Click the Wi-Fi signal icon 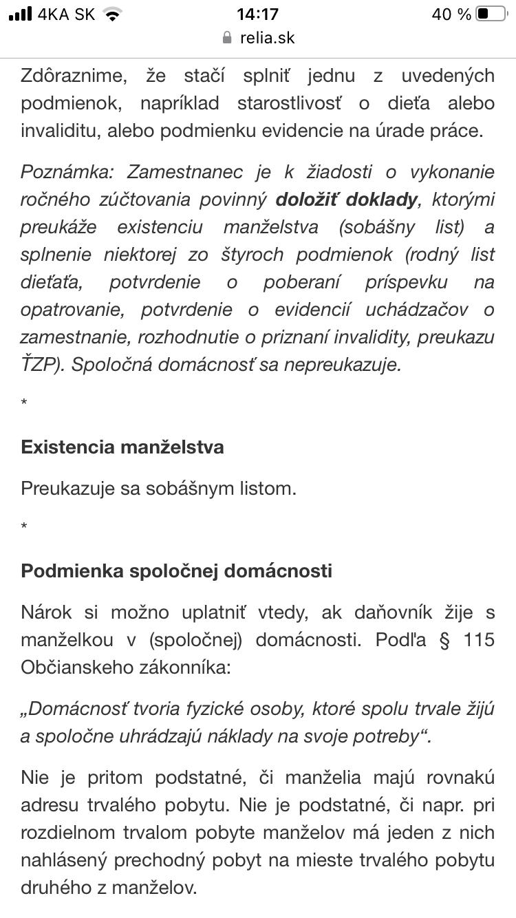112,14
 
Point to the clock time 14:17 257,14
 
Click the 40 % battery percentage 451,14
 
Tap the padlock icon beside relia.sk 227,37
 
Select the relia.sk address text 268,37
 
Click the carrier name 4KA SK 67,14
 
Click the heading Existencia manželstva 122,447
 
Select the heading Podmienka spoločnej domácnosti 176,571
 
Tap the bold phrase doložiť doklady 346,200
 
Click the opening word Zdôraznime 74,76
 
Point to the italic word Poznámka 69,172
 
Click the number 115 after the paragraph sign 479,640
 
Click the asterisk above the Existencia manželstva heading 25,403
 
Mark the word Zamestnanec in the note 186,172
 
